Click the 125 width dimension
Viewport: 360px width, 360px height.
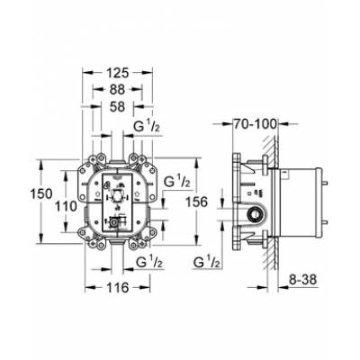[117, 73]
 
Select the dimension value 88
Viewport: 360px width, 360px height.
[117, 89]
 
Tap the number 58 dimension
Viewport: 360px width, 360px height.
[117, 106]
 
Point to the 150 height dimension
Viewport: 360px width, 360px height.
[41, 193]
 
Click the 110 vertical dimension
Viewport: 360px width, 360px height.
[67, 206]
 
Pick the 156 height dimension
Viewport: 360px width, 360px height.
[196, 202]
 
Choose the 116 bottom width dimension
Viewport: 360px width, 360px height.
[117, 288]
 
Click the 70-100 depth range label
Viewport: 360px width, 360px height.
[256, 123]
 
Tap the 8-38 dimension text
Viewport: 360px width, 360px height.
[303, 280]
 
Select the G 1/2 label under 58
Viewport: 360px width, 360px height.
[147, 127]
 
